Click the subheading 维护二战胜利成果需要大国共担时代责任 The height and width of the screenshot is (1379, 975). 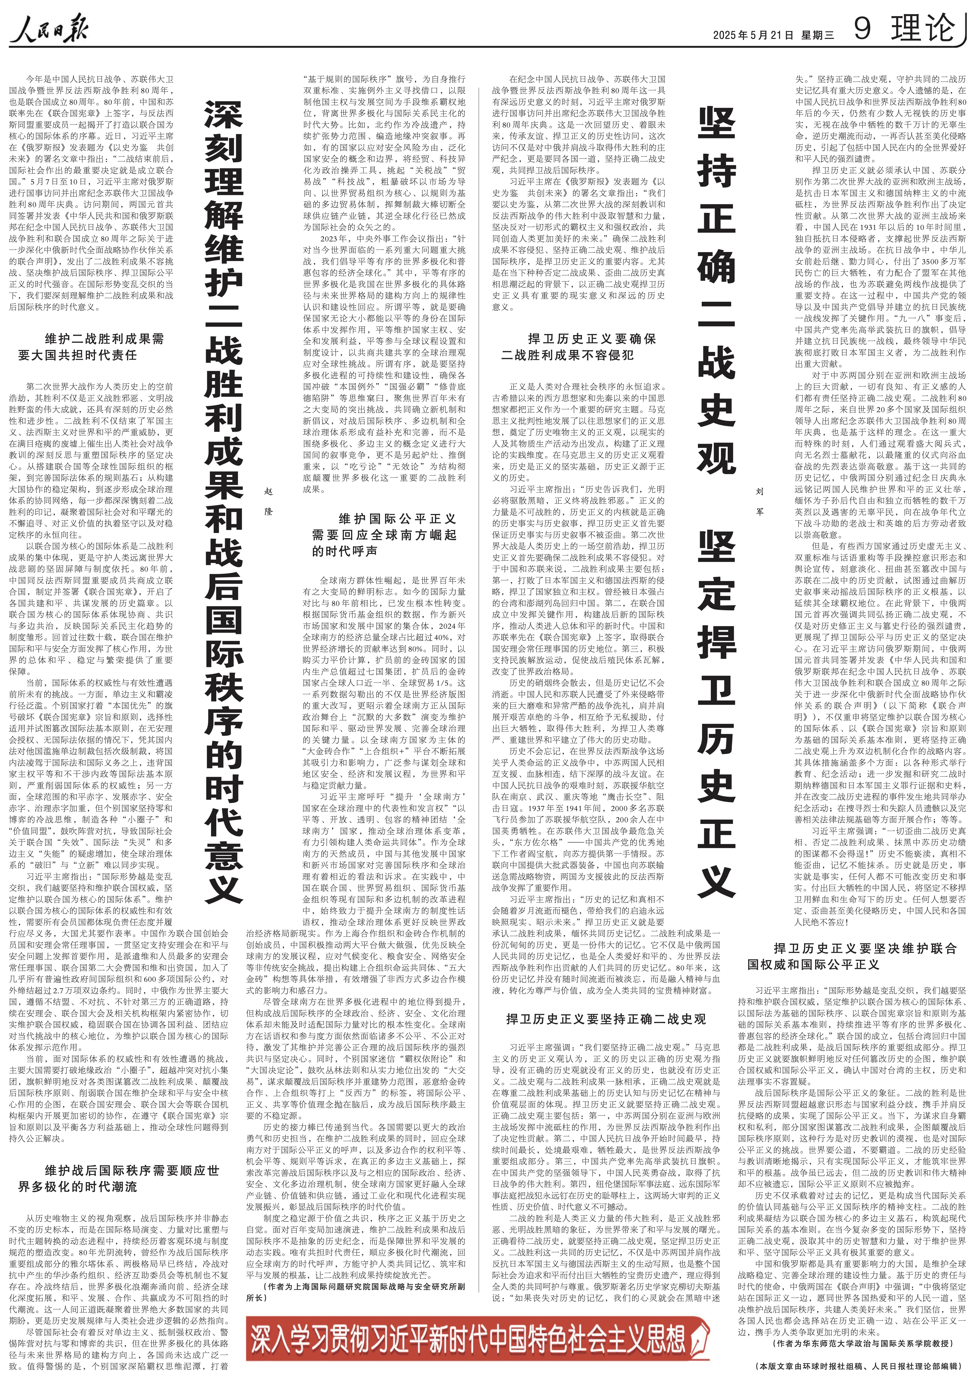90,347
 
